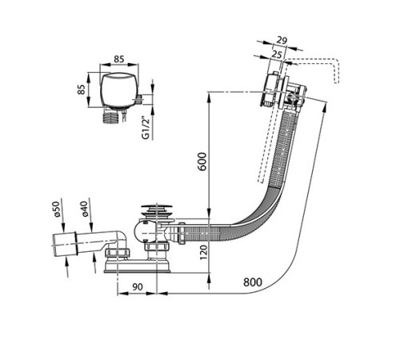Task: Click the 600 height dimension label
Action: click(202, 162)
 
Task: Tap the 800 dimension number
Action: click(253, 282)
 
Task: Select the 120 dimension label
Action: click(203, 253)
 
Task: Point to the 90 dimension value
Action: click(138, 287)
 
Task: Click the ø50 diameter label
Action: click(56, 209)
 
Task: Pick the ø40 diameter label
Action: click(84, 209)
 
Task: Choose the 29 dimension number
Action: click(282, 41)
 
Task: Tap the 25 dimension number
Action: click(277, 54)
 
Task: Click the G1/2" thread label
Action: click(146, 127)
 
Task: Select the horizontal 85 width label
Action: click(119, 59)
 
